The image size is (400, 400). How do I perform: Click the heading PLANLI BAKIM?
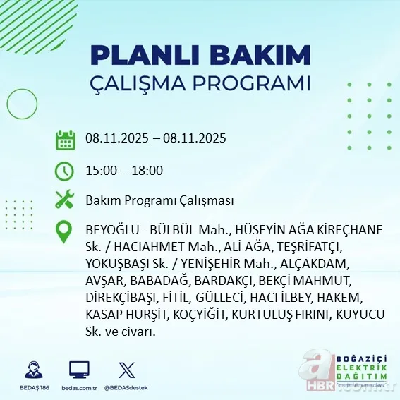click(x=200, y=54)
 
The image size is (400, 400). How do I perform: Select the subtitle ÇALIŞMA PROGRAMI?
click(x=200, y=83)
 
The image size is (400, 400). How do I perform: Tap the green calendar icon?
click(x=65, y=139)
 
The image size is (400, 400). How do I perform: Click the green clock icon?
click(x=65, y=170)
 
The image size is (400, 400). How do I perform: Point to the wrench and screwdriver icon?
click(x=65, y=200)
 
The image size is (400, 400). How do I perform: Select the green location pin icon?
click(x=65, y=232)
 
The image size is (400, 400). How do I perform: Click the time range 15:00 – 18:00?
click(x=124, y=170)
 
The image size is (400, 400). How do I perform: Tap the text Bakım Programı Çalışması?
click(x=159, y=200)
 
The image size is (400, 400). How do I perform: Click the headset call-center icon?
click(x=32, y=370)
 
